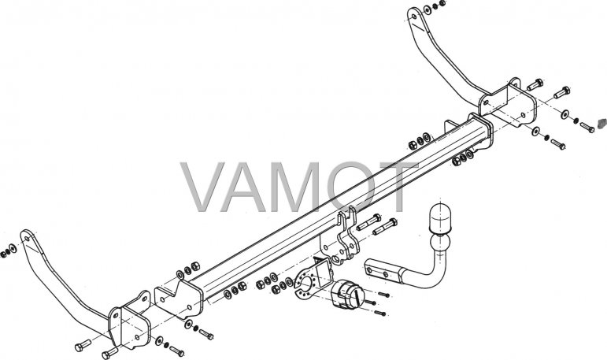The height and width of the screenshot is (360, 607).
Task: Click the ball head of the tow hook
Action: (441, 244)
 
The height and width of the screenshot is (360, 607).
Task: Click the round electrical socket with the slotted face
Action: (348, 295)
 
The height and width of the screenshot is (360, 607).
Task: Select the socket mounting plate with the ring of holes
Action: (309, 285)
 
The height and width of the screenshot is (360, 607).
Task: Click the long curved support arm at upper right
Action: (445, 58)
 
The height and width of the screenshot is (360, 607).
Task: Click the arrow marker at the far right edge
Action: (602, 123)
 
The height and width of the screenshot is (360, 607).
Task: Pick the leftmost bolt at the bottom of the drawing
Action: (83, 345)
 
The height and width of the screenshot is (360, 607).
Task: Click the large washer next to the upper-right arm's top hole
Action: (427, 9)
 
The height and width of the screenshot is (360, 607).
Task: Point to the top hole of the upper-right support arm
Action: (413, 17)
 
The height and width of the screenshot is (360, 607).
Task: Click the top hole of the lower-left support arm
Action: (26, 238)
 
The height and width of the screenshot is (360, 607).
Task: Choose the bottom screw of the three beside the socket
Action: (380, 312)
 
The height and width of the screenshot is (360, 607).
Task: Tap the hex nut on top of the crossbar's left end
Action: (195, 266)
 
